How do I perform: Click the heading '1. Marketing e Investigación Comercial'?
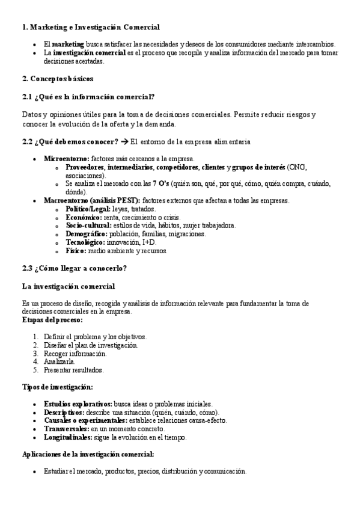click(91, 27)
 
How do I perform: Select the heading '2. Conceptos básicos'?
click(58, 79)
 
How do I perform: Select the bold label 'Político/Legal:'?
click(88, 209)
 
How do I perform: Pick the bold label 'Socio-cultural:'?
click(88, 226)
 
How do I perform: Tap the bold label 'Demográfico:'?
click(87, 234)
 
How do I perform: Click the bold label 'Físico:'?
click(76, 251)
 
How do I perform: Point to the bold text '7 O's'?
click(160, 183)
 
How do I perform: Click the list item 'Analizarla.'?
click(59, 362)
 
